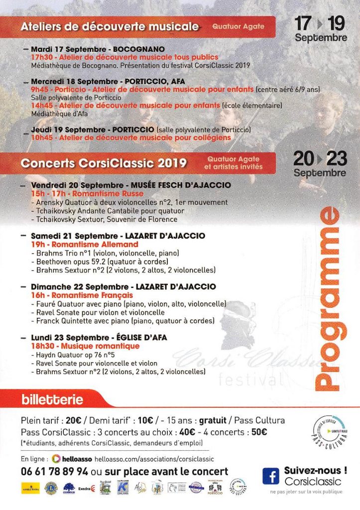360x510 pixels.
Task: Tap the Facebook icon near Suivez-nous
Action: coord(271,476)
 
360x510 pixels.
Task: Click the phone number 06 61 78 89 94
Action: coord(55,471)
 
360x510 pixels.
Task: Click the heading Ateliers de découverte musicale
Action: coord(110,26)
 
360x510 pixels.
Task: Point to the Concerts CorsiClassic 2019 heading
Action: coord(104,163)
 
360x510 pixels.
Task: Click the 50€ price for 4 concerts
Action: coord(259,432)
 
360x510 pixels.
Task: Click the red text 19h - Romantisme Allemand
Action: coord(85,245)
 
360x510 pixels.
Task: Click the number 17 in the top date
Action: coord(303,23)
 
